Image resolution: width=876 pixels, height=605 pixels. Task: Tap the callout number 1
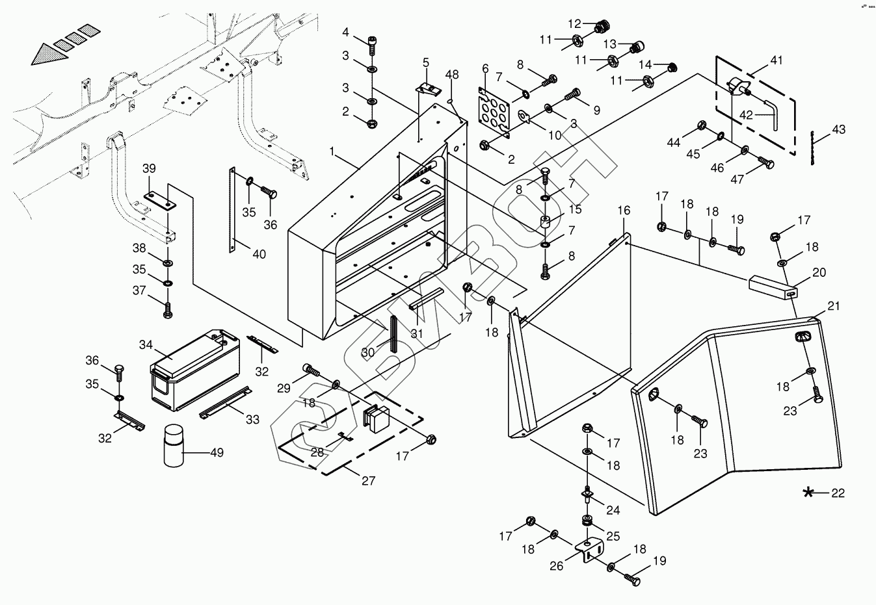(332, 151)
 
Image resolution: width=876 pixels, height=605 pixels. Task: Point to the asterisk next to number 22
(808, 493)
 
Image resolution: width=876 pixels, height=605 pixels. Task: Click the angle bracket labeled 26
(588, 548)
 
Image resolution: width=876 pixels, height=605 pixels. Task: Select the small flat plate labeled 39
(159, 199)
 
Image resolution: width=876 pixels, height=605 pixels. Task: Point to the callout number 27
(369, 482)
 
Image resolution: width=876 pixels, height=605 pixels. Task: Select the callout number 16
(624, 211)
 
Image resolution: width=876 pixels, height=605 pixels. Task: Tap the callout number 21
(834, 306)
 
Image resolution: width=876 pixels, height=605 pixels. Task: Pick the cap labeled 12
(602, 28)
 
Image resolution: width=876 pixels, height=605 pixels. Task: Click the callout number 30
(368, 352)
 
